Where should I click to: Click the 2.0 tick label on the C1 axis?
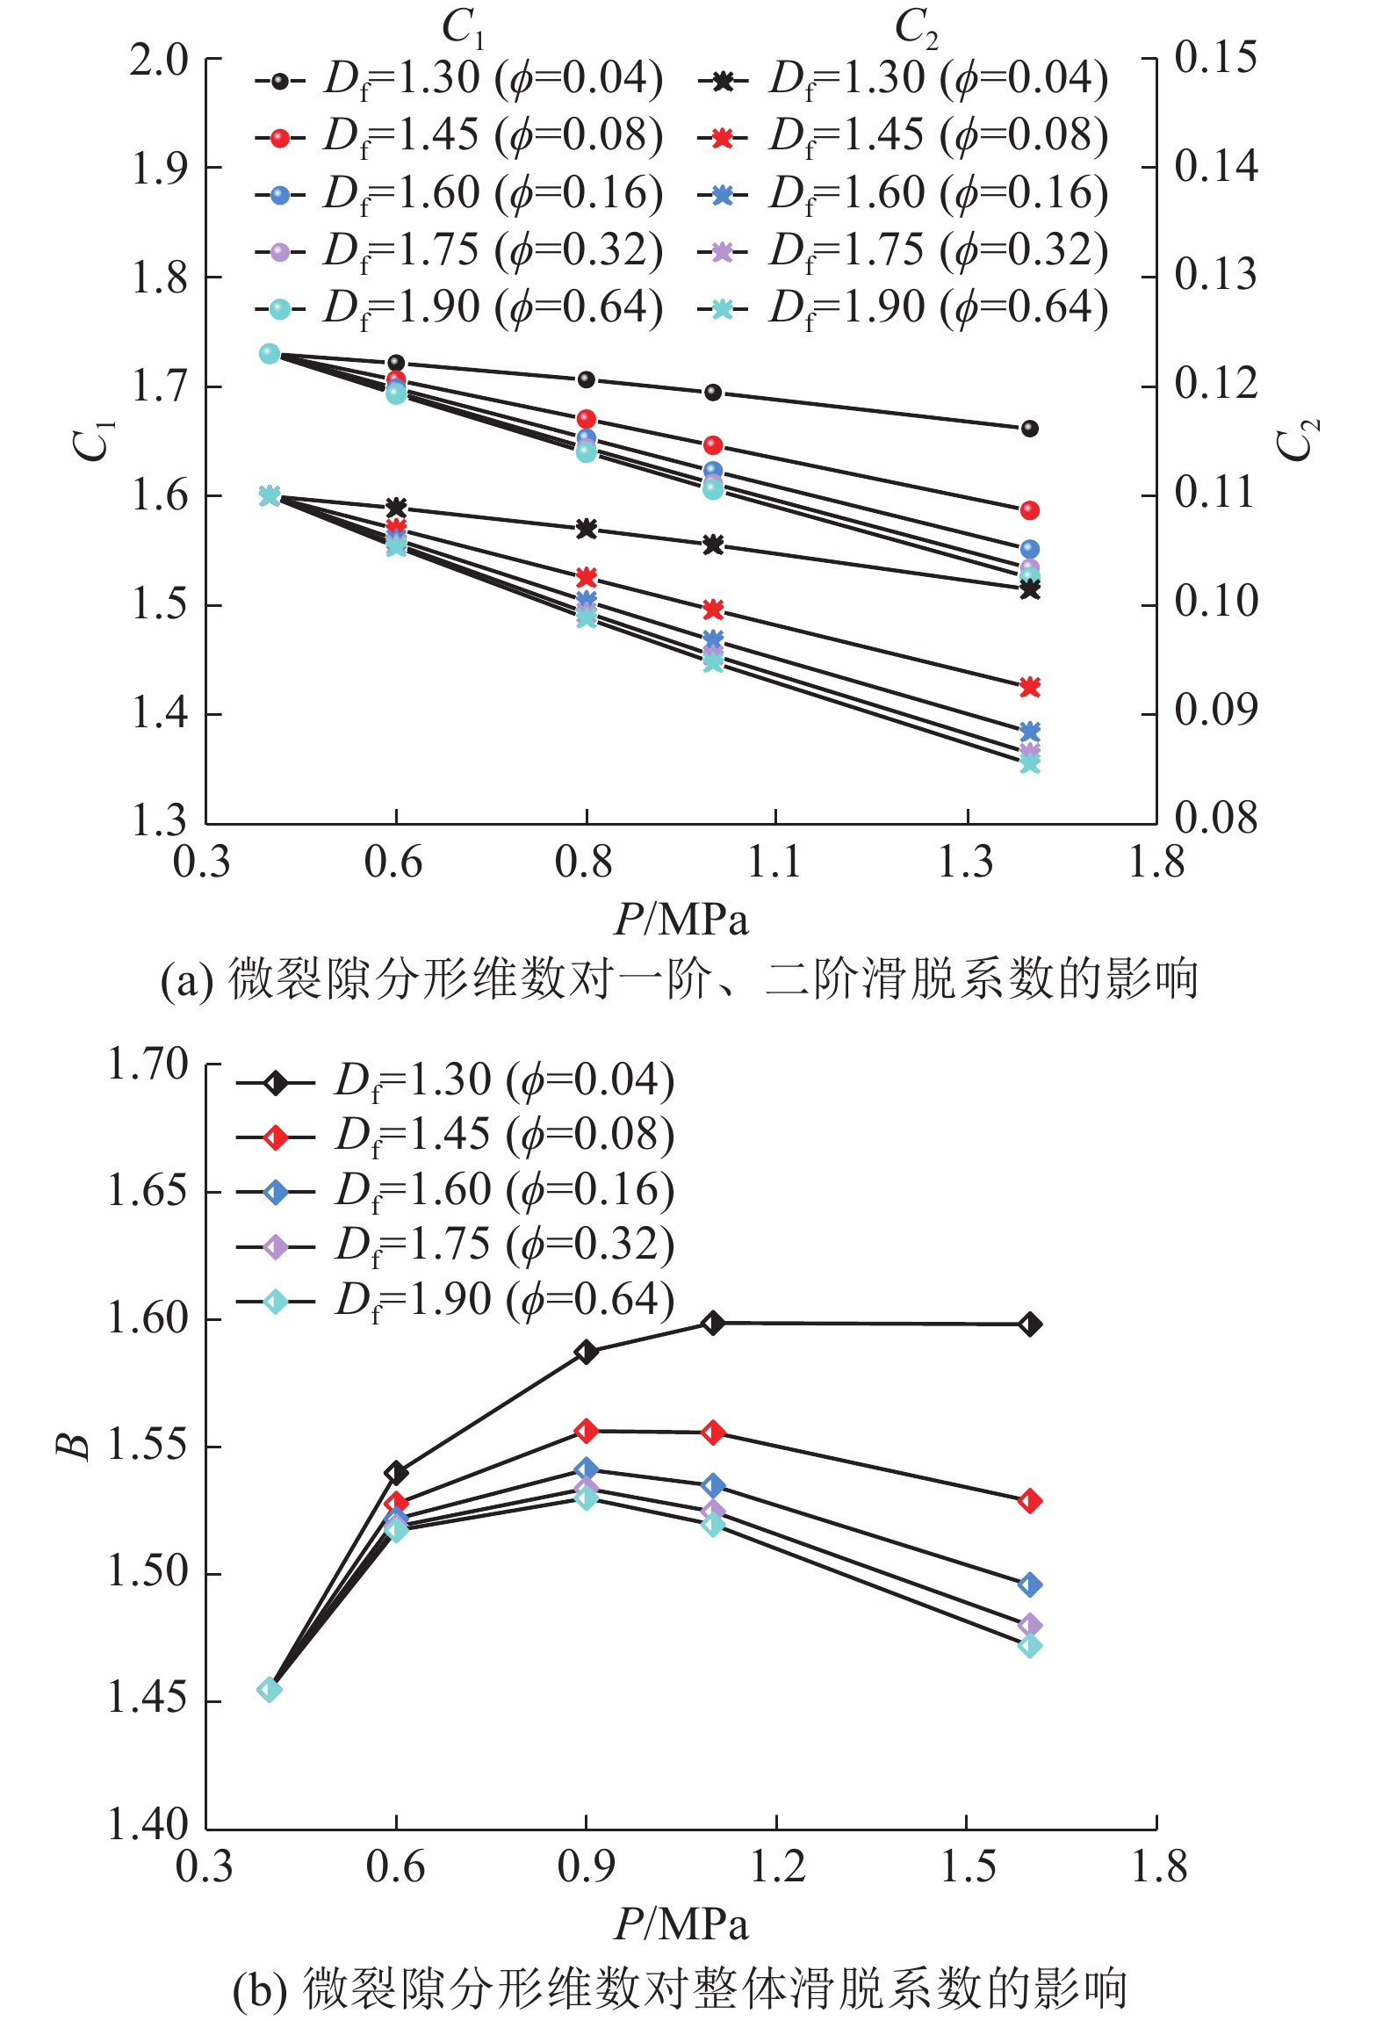point(159,61)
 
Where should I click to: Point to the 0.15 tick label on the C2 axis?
point(1216,57)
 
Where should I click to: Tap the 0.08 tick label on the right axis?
point(1216,818)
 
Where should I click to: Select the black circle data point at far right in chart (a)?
point(1030,429)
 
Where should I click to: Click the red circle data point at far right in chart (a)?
point(1030,510)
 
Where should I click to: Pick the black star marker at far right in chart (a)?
point(1030,590)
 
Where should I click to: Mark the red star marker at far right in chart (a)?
point(1030,687)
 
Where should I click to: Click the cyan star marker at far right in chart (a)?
point(1030,764)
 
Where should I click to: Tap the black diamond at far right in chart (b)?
point(1030,1324)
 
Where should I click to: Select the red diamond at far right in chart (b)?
point(1030,1501)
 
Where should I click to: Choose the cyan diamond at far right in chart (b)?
point(1030,1645)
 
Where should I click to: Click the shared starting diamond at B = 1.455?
point(270,1689)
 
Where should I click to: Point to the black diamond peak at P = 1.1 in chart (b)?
point(713,1322)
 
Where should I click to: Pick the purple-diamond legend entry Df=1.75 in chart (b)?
point(457,1245)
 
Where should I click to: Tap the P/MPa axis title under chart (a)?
point(681,920)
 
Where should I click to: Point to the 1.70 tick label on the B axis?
point(148,1065)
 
